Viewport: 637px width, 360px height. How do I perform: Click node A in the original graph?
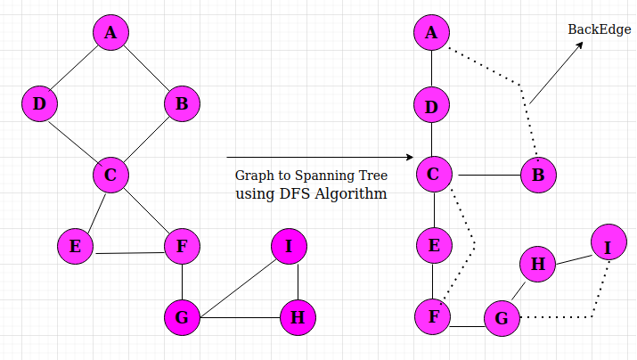pyautogui.click(x=110, y=33)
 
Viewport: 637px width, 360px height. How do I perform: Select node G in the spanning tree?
pyautogui.click(x=502, y=317)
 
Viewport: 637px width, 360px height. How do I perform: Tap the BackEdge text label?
pyautogui.click(x=600, y=30)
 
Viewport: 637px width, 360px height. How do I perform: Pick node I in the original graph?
pyautogui.click(x=289, y=247)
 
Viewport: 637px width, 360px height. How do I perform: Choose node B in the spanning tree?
pyautogui.click(x=538, y=175)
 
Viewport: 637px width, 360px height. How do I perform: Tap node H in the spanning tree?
pyautogui.click(x=537, y=264)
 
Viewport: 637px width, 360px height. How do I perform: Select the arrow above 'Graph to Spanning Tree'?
pyautogui.click(x=321, y=158)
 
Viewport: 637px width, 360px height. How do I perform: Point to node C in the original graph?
pyautogui.click(x=110, y=176)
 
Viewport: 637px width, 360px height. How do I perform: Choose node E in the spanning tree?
pyautogui.click(x=434, y=246)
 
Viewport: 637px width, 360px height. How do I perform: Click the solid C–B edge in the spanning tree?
pyautogui.click(x=485, y=175)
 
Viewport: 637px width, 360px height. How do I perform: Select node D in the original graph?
pyautogui.click(x=39, y=104)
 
